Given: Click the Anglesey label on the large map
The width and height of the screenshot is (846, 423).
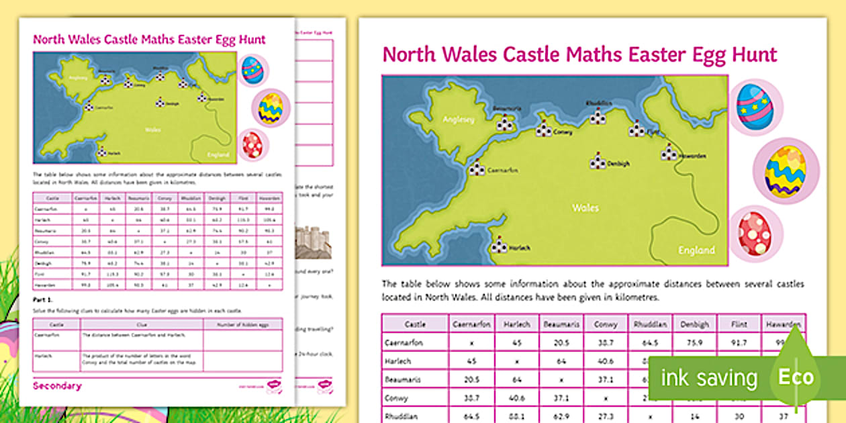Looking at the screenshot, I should [x=459, y=120].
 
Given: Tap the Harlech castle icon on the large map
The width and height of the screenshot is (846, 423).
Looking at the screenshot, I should [x=499, y=246].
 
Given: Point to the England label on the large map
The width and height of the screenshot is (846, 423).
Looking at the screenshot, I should [x=696, y=250].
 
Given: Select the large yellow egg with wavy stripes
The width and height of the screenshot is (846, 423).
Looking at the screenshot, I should [x=786, y=171].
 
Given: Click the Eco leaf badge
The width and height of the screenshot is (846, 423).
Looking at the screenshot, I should [x=796, y=377].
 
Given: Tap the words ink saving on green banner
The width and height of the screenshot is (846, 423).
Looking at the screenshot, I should [x=708, y=378].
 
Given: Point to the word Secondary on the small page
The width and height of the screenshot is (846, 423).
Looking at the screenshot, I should [x=57, y=386].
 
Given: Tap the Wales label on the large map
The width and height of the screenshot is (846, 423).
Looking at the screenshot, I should [x=585, y=208].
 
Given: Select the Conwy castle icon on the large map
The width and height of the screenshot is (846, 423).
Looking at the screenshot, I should [x=544, y=130].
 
